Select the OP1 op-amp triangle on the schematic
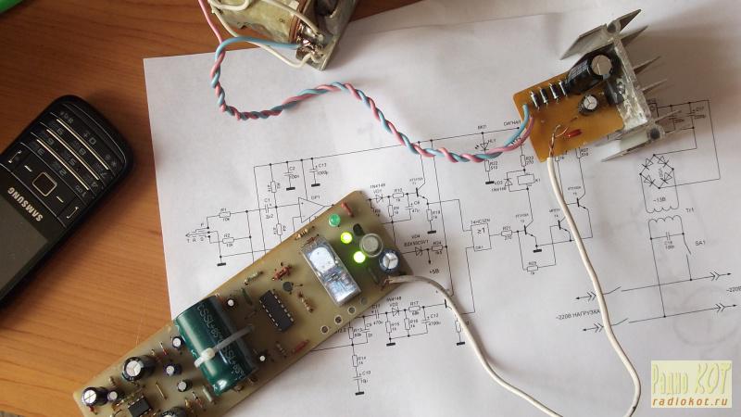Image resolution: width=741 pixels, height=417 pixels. coord(306,208)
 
